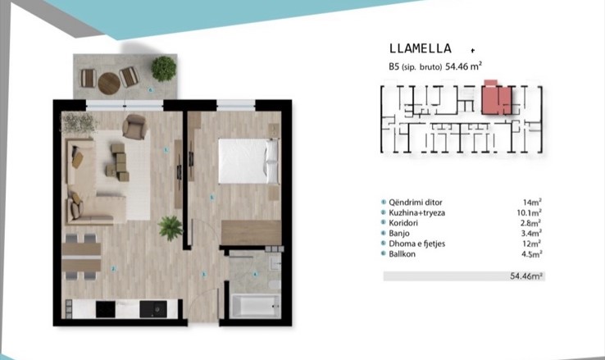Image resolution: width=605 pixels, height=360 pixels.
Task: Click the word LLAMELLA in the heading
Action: coord(421,48)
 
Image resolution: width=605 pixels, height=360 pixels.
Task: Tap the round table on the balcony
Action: coord(109,84)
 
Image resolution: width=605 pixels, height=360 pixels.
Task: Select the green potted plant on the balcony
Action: coord(164,69)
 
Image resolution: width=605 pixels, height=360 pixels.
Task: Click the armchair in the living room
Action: coord(134,126)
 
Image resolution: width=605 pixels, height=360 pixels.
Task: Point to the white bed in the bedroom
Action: coord(248,161)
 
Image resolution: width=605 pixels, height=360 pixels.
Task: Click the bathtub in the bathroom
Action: coord(256,307)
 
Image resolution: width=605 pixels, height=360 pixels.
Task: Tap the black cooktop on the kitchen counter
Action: coord(105,309)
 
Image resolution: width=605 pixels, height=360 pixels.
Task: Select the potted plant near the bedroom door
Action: coord(171,228)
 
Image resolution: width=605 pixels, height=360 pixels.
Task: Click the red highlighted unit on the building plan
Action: coord(497,98)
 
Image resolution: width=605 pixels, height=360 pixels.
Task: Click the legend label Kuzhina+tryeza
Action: coord(416,212)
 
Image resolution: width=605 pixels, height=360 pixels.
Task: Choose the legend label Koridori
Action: coord(403,223)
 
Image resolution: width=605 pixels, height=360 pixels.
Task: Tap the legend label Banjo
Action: coord(399,234)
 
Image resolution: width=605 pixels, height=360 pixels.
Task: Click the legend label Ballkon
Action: coord(402,254)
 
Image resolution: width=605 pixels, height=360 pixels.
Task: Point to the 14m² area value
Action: coord(532,203)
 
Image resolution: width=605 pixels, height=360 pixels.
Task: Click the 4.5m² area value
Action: coord(532,254)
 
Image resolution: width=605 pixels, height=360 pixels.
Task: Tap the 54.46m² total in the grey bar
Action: coord(526,276)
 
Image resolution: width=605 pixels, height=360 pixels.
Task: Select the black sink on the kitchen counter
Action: coord(153,309)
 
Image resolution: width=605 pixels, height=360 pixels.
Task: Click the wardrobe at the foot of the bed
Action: coord(251,233)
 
